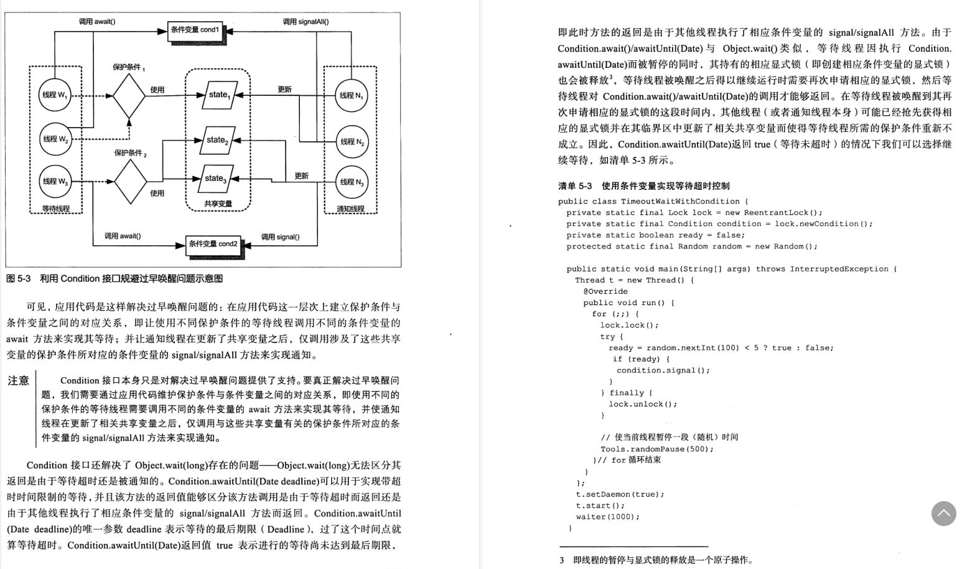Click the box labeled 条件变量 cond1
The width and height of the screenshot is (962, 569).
(195, 30)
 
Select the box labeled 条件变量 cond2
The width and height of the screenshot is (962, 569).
(213, 244)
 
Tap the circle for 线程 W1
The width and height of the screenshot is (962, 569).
(55, 95)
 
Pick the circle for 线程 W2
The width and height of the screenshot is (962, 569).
(55, 139)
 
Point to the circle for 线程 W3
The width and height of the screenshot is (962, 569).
(55, 182)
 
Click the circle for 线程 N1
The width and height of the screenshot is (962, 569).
(351, 95)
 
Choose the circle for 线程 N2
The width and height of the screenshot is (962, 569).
(352, 142)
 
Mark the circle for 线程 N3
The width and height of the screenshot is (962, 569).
(351, 182)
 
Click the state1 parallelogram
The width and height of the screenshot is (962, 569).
(219, 95)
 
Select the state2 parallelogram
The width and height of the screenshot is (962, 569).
(217, 141)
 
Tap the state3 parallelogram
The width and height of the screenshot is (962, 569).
(216, 179)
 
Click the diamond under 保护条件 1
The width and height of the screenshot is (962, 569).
(129, 96)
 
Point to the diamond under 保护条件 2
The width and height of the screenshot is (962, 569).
(131, 182)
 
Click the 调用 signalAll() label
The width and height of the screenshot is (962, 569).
(306, 22)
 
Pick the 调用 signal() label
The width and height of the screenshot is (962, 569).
(280, 237)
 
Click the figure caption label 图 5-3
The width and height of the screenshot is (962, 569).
(18, 279)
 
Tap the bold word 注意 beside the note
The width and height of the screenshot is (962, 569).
(19, 381)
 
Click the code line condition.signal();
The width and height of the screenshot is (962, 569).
(663, 370)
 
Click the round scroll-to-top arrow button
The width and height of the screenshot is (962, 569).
(943, 514)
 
